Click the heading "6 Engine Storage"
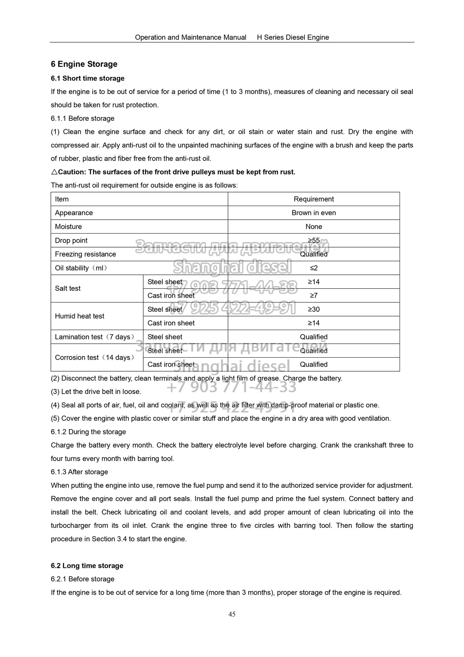tap(84, 64)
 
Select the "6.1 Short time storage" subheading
tap(87, 78)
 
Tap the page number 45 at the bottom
tap(232, 614)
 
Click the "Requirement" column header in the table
tap(313, 199)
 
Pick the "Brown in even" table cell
tap(313, 213)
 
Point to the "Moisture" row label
tap(69, 227)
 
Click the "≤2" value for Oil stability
tap(313, 268)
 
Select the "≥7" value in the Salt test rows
tap(313, 295)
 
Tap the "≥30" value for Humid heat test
tap(313, 309)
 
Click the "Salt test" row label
tap(68, 288)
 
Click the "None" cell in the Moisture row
tap(313, 227)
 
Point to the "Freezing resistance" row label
tap(85, 254)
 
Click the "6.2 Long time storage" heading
tap(87, 565)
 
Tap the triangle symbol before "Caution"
tap(54, 172)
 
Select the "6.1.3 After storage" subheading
tap(79, 472)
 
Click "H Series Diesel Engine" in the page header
tap(293, 37)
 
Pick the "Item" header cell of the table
tap(62, 199)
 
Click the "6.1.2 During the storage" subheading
tap(88, 432)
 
